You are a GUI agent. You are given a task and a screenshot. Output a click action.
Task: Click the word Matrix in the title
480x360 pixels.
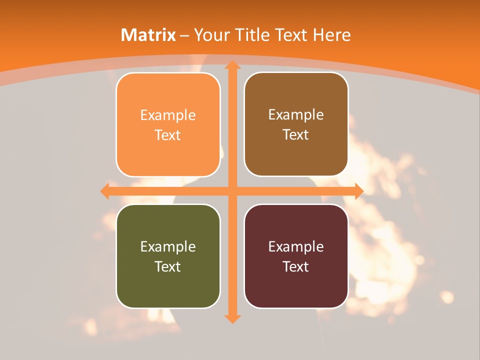pos(148,35)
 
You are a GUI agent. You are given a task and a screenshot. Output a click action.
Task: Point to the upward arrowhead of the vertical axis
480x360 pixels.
pos(232,65)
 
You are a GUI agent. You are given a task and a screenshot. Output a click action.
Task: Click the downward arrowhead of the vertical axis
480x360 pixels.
pos(232,318)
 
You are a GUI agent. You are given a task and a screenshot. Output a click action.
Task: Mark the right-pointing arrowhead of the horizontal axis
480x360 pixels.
pos(358,191)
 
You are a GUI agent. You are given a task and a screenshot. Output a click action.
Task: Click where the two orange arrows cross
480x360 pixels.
pos(232,191)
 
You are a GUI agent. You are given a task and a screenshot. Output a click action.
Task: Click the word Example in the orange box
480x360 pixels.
pos(168,115)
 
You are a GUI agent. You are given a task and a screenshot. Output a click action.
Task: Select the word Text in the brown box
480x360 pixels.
pos(296,135)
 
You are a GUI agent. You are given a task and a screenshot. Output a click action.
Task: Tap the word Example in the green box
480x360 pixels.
pos(168,247)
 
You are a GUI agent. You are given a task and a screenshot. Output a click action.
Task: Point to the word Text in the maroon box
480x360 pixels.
pos(296,266)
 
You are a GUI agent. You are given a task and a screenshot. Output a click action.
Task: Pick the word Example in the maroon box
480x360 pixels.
pos(296,247)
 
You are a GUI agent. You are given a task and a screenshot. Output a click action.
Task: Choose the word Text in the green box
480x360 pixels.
pos(168,266)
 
